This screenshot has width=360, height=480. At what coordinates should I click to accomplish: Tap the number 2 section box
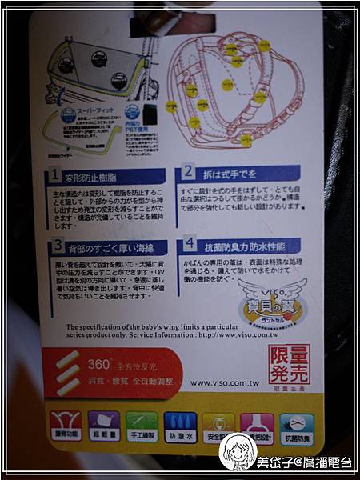(x=188, y=171)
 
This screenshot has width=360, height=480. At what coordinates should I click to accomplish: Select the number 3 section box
(x=58, y=246)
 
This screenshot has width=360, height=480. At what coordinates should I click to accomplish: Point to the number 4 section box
(x=189, y=244)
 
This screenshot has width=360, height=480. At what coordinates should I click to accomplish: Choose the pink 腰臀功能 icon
(x=65, y=425)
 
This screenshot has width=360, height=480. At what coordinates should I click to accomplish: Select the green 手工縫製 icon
(x=141, y=425)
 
